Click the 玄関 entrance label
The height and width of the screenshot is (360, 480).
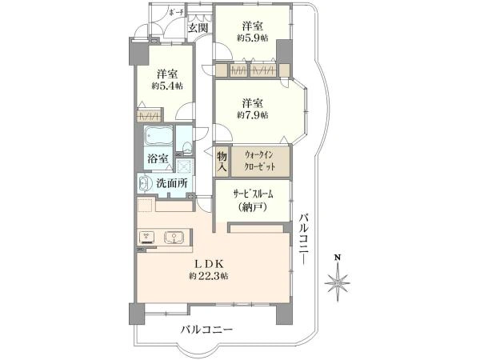(198, 28)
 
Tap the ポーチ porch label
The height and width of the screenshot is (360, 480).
(176, 13)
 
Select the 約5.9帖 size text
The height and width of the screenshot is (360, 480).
(253, 38)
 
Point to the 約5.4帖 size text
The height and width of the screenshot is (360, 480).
(167, 86)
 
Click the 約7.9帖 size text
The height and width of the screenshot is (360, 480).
(253, 115)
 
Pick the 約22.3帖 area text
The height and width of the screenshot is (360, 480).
(209, 277)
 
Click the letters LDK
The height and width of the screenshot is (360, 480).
(208, 263)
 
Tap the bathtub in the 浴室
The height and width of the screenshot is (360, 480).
(158, 137)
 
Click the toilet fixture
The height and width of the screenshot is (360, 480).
(186, 147)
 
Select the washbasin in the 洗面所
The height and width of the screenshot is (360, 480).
(144, 183)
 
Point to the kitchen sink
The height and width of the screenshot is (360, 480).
(174, 238)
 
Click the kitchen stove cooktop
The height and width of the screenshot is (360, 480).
(147, 238)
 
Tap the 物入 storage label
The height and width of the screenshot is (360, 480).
(222, 162)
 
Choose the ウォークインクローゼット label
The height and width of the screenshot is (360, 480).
(260, 162)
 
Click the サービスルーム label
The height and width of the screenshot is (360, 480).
(253, 194)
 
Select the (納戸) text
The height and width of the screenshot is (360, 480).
(253, 207)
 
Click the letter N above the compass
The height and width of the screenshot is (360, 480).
(338, 258)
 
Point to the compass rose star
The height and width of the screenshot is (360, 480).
(338, 283)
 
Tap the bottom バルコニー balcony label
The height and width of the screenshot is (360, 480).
(206, 330)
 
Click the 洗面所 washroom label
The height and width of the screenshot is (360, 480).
(172, 183)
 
